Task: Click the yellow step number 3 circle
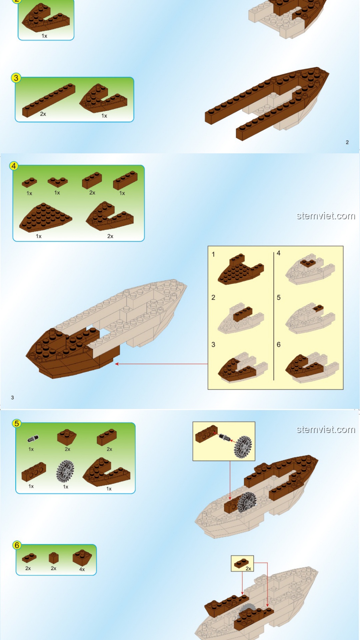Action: coord(16,78)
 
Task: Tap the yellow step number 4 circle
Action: coord(14,166)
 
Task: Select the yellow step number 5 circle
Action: coord(16,423)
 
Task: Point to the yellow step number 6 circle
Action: coord(16,545)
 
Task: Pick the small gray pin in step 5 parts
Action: coord(33,438)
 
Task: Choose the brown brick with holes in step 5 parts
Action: coord(34,471)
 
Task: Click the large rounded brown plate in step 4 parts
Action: coord(45,217)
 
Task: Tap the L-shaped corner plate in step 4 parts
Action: coord(58,182)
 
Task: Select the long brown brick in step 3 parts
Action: coord(49,100)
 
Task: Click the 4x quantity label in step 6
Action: coord(82,569)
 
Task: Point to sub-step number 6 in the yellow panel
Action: coord(279,345)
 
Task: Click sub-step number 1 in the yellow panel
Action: coord(213,254)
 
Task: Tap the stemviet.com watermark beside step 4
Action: coord(326,216)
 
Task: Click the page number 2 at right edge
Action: coord(347,142)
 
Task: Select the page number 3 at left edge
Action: coord(12,398)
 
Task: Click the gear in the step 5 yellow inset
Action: coord(243,447)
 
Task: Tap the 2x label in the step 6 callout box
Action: coord(248,569)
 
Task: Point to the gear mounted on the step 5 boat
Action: coord(247,502)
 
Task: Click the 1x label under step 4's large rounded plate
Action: coord(39,236)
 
